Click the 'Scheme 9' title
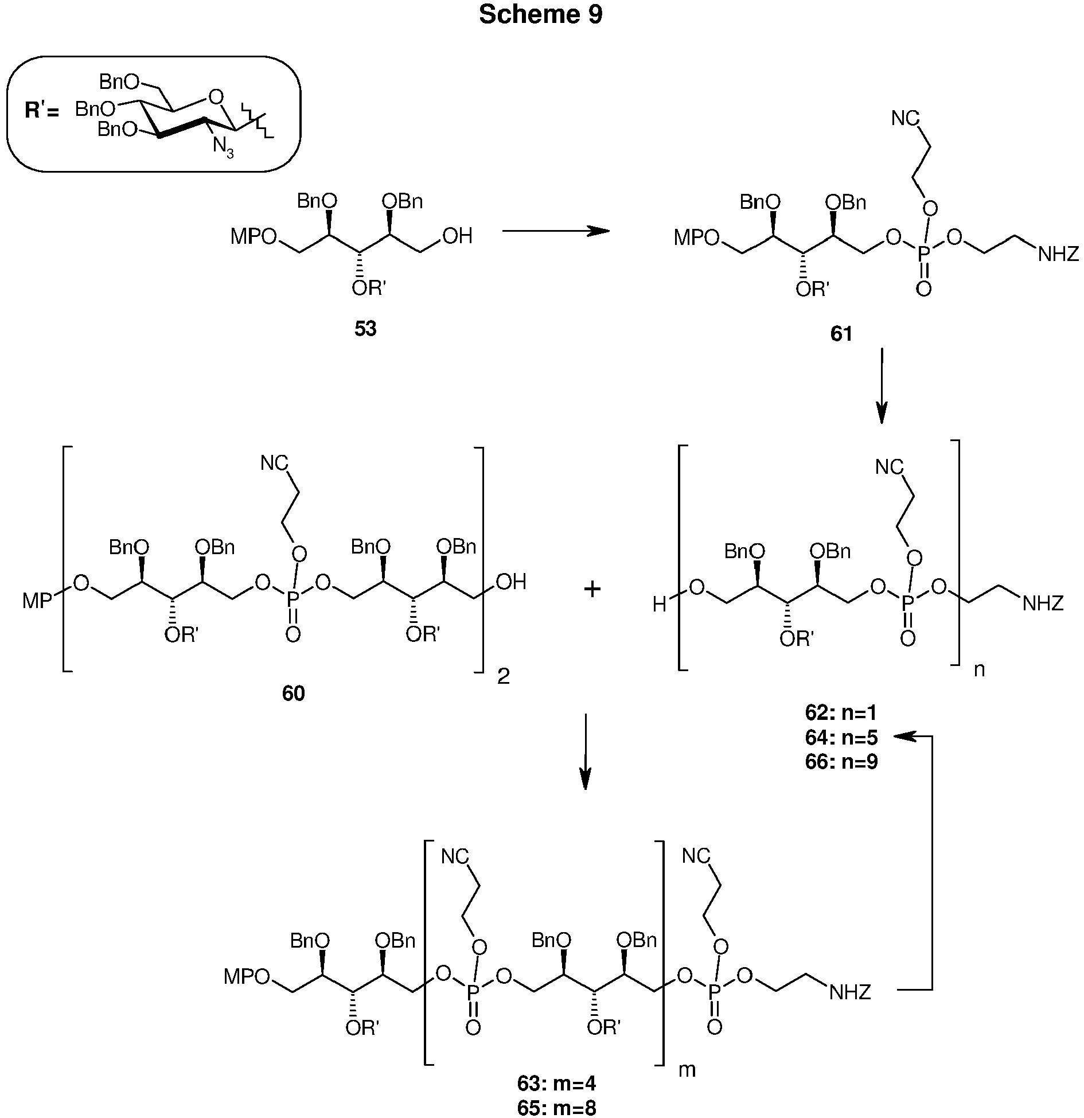coord(541,15)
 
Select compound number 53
coord(365,329)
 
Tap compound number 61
coord(841,334)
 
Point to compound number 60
coord(293,694)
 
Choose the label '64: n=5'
coord(841,737)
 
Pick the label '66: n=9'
coord(841,762)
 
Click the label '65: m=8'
coord(556,1106)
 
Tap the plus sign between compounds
coord(592,589)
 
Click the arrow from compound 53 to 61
coord(555,231)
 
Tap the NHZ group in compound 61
coord(1058,254)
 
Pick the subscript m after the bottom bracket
coord(687,1070)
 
